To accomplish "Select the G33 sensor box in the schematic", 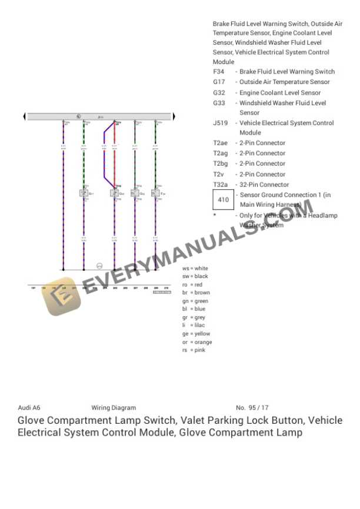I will tap(135, 193).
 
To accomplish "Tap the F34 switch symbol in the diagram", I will tap(156, 193).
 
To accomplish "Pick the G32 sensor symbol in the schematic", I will tap(114, 193).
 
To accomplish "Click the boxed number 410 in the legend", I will tap(224, 200).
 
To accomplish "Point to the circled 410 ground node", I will tap(99, 266).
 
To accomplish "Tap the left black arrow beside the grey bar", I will tap(24, 116).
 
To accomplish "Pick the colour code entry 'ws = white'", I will tap(195, 268).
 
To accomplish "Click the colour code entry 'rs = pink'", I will tap(194, 350).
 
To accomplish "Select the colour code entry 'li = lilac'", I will tap(194, 325).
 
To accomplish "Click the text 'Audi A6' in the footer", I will tap(29, 407).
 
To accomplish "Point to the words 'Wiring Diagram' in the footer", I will tap(114, 407).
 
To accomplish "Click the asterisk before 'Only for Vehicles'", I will tap(215, 215).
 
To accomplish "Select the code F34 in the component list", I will tap(218, 72).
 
